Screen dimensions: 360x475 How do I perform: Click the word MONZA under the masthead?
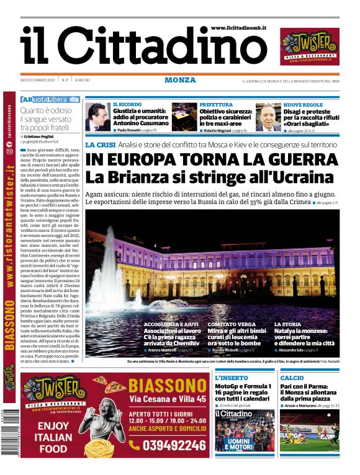tap(180, 80)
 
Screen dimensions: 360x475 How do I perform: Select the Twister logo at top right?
tap(310, 47)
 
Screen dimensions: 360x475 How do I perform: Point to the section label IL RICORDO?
tap(127, 105)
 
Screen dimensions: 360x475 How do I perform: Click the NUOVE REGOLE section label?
tap(303, 105)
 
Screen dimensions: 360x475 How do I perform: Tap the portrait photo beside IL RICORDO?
tap(97, 117)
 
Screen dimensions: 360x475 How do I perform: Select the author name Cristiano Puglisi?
tap(41, 136)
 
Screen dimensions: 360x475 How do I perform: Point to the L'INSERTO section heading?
tap(231, 378)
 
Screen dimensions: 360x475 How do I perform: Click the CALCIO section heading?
tap(292, 378)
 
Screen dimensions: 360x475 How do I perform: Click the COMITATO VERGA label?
tap(232, 324)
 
